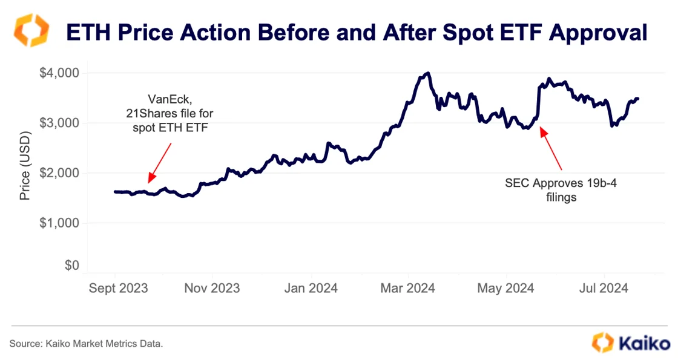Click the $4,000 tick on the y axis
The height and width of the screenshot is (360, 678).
tap(59, 73)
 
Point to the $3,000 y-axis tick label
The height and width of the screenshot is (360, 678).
tap(59, 123)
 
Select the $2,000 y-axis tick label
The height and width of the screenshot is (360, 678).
tap(59, 173)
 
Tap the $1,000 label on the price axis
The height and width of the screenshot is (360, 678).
tap(59, 223)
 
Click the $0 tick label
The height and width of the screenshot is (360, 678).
tap(72, 265)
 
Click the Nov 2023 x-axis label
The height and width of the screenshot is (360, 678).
tap(212, 288)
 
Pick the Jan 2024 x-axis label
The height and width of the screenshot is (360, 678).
tap(311, 288)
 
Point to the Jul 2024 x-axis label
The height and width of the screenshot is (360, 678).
tap(604, 288)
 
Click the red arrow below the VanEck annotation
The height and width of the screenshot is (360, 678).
tap(160, 162)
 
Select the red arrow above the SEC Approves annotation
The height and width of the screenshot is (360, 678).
tap(551, 148)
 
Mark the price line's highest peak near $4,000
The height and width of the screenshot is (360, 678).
tap(428, 73)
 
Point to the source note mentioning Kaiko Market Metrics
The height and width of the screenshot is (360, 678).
tap(86, 344)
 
